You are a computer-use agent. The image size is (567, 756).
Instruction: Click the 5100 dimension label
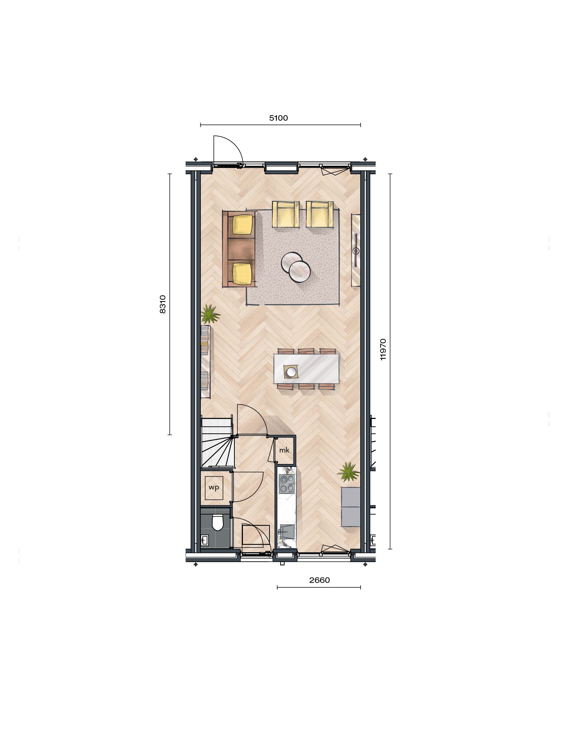[278, 118]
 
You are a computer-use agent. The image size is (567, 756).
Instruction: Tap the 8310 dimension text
[163, 304]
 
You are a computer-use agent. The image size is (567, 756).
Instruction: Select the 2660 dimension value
[319, 580]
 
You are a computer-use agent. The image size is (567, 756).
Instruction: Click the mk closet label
[284, 450]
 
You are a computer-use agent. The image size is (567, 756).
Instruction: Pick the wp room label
[214, 487]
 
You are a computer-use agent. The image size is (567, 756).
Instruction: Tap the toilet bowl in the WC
[218, 523]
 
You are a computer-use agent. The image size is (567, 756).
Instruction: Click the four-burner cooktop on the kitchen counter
[287, 484]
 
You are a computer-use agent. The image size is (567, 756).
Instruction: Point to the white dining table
[306, 368]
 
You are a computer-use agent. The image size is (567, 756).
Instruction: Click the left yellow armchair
[286, 214]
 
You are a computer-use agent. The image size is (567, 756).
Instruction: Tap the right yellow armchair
[320, 214]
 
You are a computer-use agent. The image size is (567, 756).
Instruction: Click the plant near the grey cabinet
[348, 472]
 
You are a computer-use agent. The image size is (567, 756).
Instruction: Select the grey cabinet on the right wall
[350, 506]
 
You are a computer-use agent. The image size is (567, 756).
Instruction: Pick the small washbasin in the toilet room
[205, 540]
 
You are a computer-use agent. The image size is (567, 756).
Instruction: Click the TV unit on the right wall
[355, 250]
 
